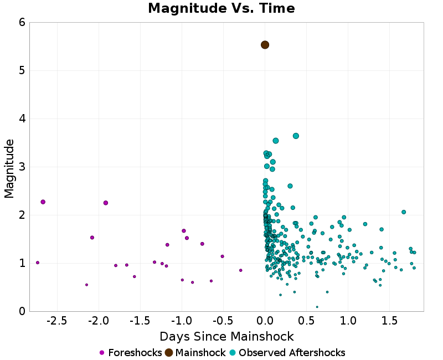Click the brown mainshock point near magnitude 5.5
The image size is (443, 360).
[265, 45]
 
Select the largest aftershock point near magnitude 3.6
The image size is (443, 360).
[296, 136]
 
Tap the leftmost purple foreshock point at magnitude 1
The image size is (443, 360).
[38, 263]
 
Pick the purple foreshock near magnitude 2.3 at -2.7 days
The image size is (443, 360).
[43, 202]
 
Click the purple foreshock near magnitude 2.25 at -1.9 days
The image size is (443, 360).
[106, 203]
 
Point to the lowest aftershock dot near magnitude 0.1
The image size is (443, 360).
[317, 307]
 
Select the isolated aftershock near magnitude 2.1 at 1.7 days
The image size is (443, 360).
[404, 212]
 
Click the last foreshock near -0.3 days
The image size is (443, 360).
[240, 270]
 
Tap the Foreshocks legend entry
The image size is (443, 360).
[131, 353]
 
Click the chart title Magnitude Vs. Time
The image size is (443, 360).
[221, 8]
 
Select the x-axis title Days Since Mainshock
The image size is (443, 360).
[226, 336]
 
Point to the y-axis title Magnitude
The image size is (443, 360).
[9, 168]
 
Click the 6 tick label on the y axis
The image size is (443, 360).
[22, 22]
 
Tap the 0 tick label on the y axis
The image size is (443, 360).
[22, 311]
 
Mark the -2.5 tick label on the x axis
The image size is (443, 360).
[56, 321]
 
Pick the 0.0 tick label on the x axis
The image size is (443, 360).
[265, 321]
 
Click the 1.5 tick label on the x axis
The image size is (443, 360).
[389, 321]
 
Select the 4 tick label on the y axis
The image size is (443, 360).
[22, 119]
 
